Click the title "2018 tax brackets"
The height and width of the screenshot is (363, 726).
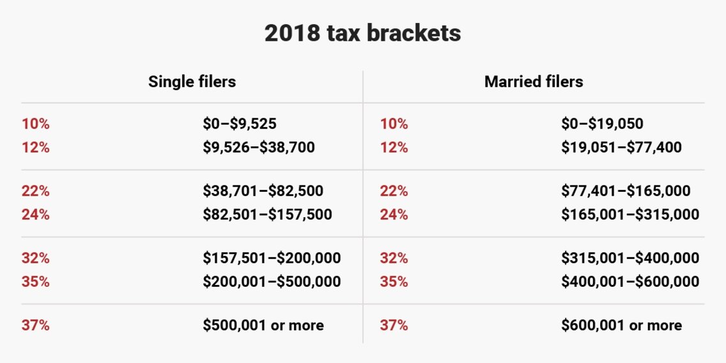362,33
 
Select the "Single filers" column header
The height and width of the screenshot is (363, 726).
192,82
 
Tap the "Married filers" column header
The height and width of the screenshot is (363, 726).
534,82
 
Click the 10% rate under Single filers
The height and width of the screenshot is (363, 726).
36,124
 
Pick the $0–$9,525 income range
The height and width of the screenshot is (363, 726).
240,124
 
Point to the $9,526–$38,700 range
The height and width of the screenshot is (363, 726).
259,148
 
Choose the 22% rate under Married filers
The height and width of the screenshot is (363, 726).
394,190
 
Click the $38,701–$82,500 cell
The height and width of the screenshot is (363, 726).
263,190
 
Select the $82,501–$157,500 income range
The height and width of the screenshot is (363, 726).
267,214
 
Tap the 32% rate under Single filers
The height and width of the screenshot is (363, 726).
36,258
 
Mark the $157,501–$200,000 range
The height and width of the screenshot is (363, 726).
272,258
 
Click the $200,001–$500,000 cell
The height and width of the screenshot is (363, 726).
272,281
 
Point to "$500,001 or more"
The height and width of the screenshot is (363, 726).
263,325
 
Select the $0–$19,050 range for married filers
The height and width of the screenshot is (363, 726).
602,124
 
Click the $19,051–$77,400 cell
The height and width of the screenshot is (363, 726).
621,148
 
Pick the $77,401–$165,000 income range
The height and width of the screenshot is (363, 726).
626,190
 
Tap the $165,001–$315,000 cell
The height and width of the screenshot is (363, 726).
630,214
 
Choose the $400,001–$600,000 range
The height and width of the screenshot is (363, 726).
630,281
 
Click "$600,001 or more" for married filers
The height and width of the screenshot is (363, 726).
621,325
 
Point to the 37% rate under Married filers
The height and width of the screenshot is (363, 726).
394,325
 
